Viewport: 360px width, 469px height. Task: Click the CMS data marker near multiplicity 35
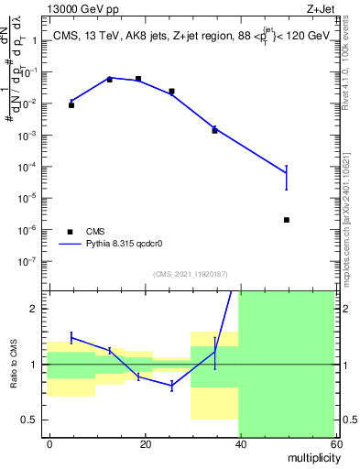pyautogui.click(x=214, y=130)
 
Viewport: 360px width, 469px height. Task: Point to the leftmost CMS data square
pyautogui.click(x=71, y=105)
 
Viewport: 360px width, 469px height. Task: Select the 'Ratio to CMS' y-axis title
pyautogui.click(x=14, y=365)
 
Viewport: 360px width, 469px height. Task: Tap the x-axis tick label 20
pyautogui.click(x=144, y=442)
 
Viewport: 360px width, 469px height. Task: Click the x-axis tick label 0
pyautogui.click(x=49, y=442)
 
